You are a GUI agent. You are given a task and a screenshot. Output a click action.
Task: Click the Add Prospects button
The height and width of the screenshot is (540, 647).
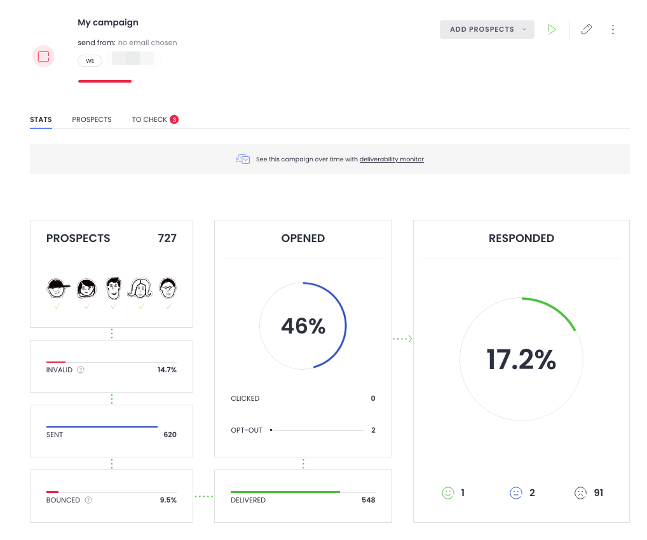point(486,29)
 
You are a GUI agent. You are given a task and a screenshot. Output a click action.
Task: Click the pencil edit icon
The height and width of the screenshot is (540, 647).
point(587,29)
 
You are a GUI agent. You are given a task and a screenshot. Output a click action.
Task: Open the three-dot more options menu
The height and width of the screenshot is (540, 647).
point(613,29)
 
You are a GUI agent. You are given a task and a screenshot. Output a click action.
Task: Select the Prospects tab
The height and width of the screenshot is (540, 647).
point(92,119)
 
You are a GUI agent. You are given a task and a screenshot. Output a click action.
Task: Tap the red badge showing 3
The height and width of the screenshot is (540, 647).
point(174,119)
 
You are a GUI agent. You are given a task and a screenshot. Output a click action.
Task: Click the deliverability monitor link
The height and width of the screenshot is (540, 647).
point(392,159)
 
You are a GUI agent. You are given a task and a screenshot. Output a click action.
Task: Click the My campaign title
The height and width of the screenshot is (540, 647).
point(108,22)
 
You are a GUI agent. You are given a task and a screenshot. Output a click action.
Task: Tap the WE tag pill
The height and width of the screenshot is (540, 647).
point(90,60)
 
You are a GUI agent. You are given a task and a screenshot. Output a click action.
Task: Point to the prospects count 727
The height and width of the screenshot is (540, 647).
point(167,238)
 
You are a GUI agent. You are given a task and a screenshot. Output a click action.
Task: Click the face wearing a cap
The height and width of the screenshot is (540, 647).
point(57,288)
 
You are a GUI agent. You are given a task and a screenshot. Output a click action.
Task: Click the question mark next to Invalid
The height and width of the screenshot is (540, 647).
point(81,370)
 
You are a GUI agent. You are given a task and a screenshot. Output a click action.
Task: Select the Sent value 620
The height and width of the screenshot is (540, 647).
point(170,435)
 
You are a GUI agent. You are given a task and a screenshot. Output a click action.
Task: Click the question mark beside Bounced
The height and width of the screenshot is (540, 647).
point(88,500)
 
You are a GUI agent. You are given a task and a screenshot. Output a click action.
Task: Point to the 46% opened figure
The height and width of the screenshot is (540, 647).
point(303,326)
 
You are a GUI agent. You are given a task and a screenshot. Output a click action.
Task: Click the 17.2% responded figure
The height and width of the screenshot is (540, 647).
point(521,360)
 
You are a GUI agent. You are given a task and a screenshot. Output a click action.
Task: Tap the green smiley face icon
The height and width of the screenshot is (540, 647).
point(448,493)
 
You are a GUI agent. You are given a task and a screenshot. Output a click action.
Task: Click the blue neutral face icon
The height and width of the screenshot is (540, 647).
point(516,493)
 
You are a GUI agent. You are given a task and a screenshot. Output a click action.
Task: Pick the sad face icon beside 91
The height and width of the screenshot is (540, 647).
point(580,493)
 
